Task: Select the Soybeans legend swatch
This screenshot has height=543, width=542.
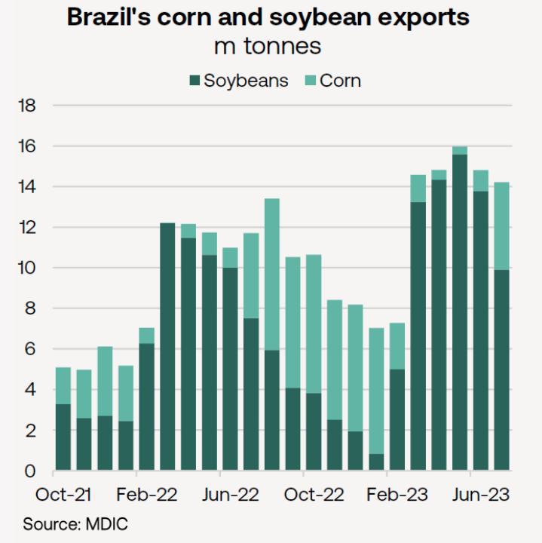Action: point(194,81)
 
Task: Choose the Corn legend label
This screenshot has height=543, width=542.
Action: point(341,81)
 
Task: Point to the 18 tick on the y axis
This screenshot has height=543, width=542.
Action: point(27,105)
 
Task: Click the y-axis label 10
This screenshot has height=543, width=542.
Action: point(27,268)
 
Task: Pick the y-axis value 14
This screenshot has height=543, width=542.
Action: point(27,186)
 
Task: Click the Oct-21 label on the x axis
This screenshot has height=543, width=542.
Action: point(64,495)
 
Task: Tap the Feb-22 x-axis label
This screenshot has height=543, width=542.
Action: point(148,495)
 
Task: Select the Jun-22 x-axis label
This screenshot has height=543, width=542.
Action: point(231,495)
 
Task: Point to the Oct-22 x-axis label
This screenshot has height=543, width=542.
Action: point(314,495)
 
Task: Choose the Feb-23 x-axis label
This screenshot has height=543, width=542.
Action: point(397,495)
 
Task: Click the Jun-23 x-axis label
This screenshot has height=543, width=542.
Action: point(481,495)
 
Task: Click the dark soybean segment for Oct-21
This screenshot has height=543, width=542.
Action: point(64,437)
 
